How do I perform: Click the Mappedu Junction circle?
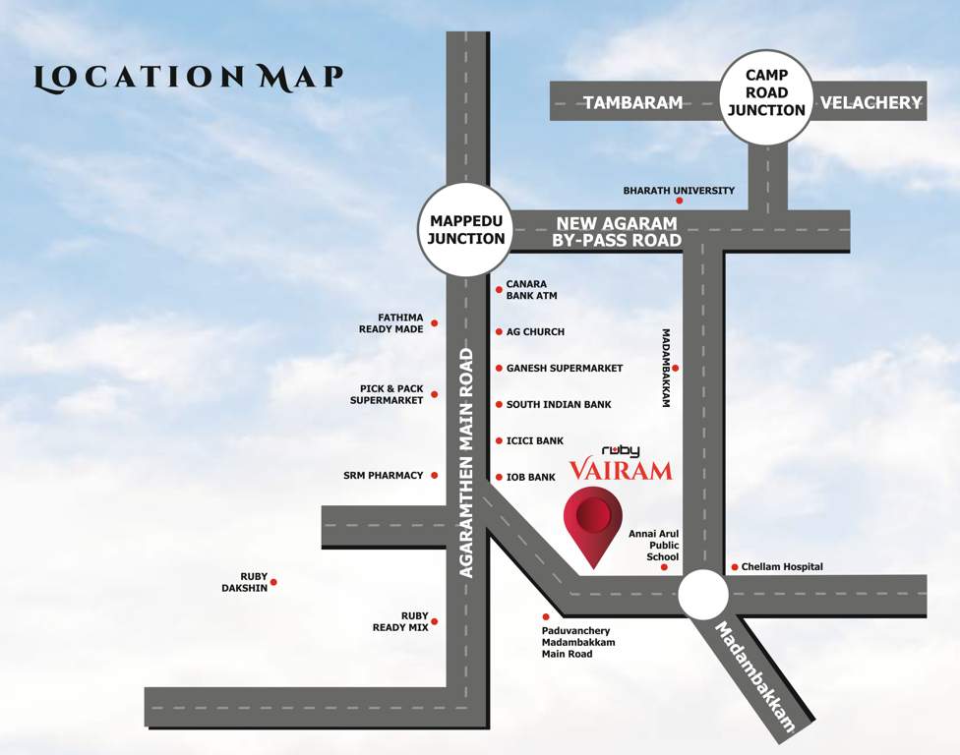click(x=467, y=230)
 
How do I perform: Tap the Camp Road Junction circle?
click(x=767, y=95)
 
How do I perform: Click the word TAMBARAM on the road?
click(x=633, y=102)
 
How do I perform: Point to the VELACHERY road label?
click(x=870, y=102)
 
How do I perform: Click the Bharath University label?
click(x=679, y=191)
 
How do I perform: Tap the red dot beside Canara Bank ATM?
click(x=499, y=290)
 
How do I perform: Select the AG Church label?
click(x=535, y=332)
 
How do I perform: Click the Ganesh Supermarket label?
click(x=565, y=369)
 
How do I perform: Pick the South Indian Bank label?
click(x=559, y=404)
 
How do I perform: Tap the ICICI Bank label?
click(x=535, y=440)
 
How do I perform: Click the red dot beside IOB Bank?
click(x=499, y=477)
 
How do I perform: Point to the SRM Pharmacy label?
click(x=384, y=476)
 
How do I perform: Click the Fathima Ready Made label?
click(x=390, y=323)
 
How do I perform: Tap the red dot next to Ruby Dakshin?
click(x=273, y=582)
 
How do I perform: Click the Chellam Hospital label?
click(x=782, y=567)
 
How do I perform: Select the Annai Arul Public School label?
click(x=653, y=545)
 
